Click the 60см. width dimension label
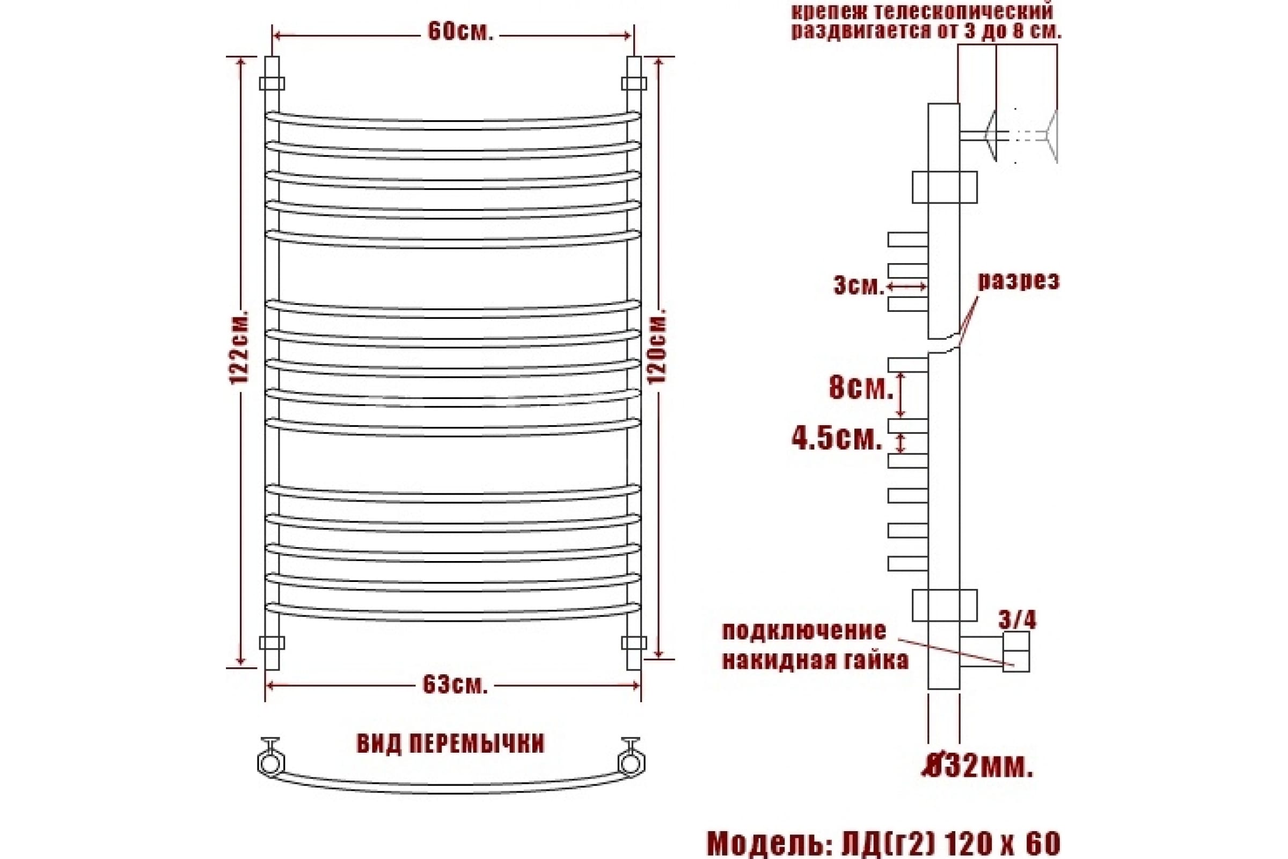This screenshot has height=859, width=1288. pyautogui.click(x=460, y=33)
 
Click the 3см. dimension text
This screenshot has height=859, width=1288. pyautogui.click(x=859, y=286)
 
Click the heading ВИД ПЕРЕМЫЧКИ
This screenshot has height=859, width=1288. pyautogui.click(x=450, y=744)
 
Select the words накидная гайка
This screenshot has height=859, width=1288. pyautogui.click(x=815, y=661)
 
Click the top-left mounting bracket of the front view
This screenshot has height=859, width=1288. pyautogui.click(x=272, y=83)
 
